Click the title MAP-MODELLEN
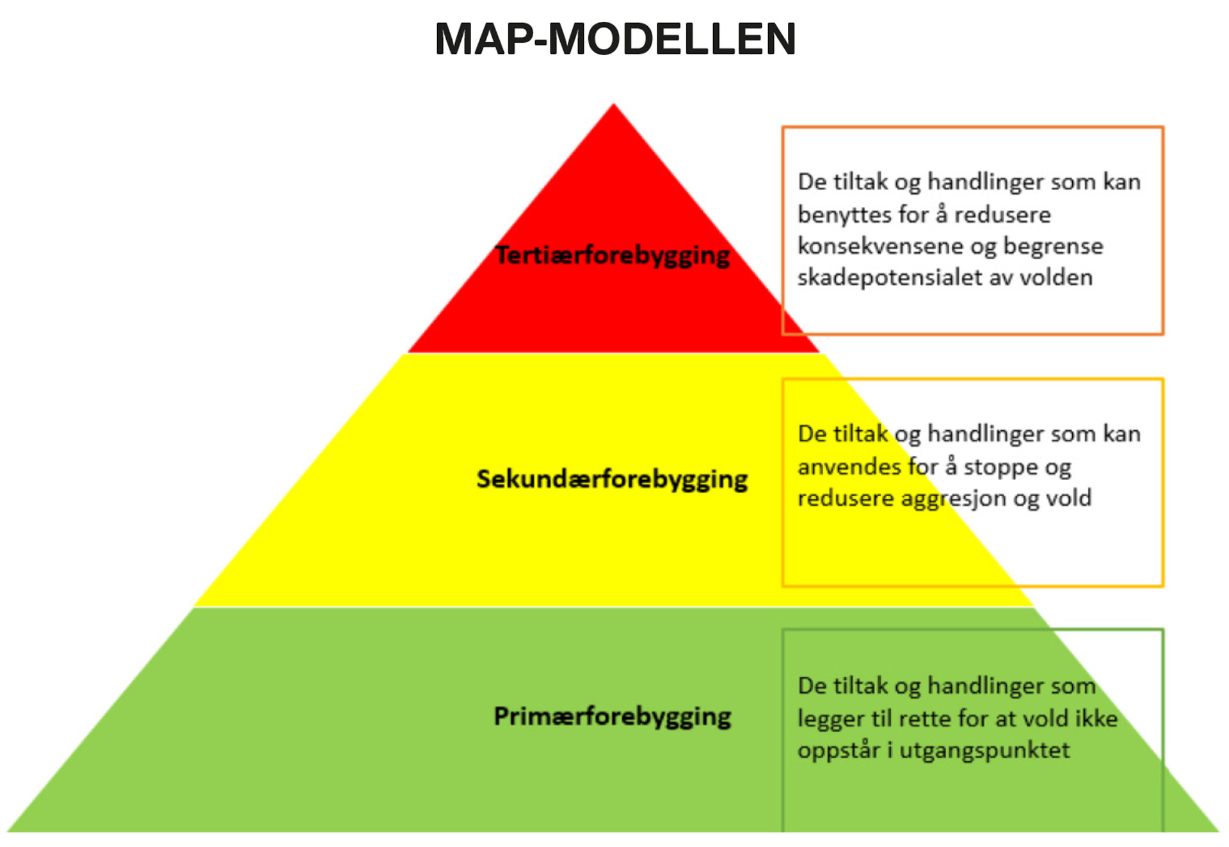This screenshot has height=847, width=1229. click(x=615, y=39)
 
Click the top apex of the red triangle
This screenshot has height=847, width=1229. click(x=614, y=104)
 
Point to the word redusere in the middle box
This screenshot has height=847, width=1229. click(x=846, y=499)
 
